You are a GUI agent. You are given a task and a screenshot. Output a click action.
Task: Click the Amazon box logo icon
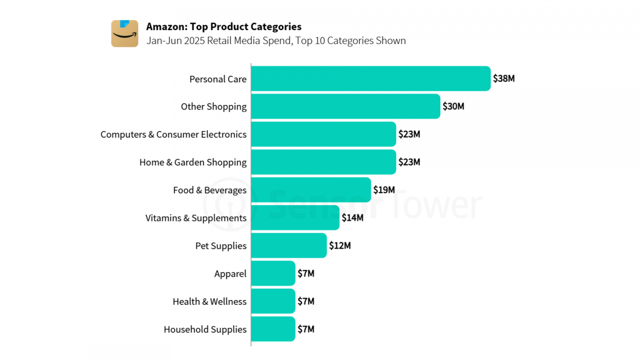pos(124,34)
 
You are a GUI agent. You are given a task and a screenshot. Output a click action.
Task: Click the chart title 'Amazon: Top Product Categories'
pos(224,26)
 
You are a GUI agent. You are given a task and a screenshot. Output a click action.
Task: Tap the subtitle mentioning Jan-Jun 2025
pos(276,40)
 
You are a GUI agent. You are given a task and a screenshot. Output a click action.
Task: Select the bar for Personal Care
pos(370,78)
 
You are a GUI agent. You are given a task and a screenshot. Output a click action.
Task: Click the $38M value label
pos(503,78)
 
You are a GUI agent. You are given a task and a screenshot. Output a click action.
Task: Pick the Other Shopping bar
pos(345,106)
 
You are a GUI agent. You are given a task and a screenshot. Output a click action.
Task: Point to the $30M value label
pos(453,106)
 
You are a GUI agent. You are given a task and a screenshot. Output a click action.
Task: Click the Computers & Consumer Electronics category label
pos(173,134)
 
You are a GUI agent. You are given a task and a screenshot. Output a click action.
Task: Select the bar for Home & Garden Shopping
pos(323,162)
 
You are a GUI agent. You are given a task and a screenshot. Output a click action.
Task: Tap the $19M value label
pos(384,190)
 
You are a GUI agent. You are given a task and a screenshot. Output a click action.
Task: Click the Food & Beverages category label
pos(210,190)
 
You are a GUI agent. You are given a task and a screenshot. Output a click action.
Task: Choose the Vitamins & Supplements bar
pos(295,218)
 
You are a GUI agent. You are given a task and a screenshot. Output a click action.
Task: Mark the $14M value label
pos(352,218)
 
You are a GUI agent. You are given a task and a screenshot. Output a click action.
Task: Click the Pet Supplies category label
pos(221,246)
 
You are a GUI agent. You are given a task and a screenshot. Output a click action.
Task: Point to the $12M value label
pos(340,246)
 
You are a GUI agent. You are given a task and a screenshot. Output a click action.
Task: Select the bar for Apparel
pos(273,273)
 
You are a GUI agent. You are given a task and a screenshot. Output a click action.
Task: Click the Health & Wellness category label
pos(209,301)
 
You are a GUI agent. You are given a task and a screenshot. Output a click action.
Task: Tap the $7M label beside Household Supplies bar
pos(306,329)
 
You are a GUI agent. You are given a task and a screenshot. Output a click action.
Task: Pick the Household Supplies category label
pos(205,329)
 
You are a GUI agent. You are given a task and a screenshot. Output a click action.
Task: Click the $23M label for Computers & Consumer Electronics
pos(409,134)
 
